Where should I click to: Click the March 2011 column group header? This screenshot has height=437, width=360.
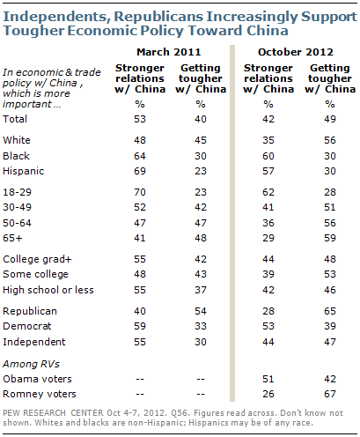click(169, 52)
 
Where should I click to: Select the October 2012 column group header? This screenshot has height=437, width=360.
click(296, 52)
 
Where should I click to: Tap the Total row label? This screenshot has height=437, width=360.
click(15, 119)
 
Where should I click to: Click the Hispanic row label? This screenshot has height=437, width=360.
click(24, 171)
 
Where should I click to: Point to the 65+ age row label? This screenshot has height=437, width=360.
click(12, 238)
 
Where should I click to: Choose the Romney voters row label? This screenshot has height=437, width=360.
click(40, 394)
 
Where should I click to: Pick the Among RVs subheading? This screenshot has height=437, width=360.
click(31, 364)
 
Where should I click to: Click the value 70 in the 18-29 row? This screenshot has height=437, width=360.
click(140, 192)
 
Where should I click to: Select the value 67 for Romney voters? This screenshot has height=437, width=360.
click(330, 394)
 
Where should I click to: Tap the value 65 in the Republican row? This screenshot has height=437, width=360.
click(330, 311)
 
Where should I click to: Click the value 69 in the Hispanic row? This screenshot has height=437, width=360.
click(140, 171)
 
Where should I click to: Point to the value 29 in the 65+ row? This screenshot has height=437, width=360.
click(268, 238)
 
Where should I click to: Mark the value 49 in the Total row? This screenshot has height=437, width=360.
click(330, 119)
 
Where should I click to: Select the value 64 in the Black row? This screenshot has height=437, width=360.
click(140, 156)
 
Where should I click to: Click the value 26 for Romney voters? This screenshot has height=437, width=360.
click(268, 394)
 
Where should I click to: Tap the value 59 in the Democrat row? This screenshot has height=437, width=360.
click(140, 326)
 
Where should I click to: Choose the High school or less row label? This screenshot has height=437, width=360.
click(48, 290)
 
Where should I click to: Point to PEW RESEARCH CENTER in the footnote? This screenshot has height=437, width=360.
click(53, 413)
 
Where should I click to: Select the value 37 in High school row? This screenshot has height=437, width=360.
click(201, 290)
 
